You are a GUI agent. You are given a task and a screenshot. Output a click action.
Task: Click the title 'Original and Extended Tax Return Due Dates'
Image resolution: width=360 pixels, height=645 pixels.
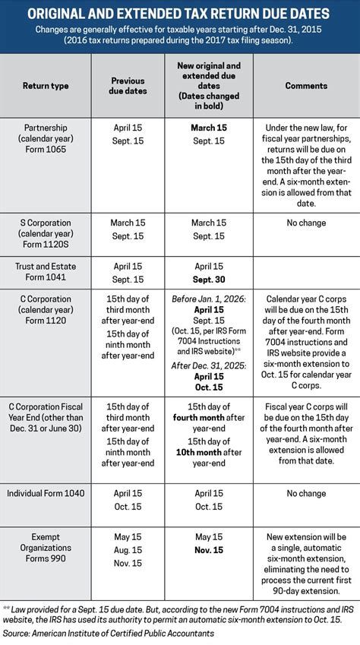tap(180, 14)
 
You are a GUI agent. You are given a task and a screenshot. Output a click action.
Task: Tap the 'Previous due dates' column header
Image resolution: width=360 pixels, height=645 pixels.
tap(127, 86)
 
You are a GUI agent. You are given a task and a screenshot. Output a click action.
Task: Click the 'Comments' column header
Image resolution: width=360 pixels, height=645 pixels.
tap(306, 86)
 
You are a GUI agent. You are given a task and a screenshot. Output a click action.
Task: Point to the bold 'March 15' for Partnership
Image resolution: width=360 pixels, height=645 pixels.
tap(208, 127)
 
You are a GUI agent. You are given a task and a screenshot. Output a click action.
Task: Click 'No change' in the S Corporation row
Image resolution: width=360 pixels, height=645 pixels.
tap(306, 223)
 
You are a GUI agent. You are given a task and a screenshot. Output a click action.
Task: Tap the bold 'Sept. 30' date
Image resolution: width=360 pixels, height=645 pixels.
tap(208, 280)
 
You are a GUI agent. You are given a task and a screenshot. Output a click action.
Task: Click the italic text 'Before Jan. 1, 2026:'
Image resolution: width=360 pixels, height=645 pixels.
tap(208, 299)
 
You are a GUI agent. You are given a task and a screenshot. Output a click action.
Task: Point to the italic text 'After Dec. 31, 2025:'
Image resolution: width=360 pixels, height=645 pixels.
tap(208, 365)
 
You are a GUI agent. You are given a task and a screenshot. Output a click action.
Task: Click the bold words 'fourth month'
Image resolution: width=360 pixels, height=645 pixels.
tap(196, 417)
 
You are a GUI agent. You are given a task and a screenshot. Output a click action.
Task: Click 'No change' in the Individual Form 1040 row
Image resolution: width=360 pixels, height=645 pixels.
tap(306, 493)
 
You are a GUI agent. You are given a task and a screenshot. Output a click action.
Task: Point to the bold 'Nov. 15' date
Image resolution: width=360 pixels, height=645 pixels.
tap(208, 550)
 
